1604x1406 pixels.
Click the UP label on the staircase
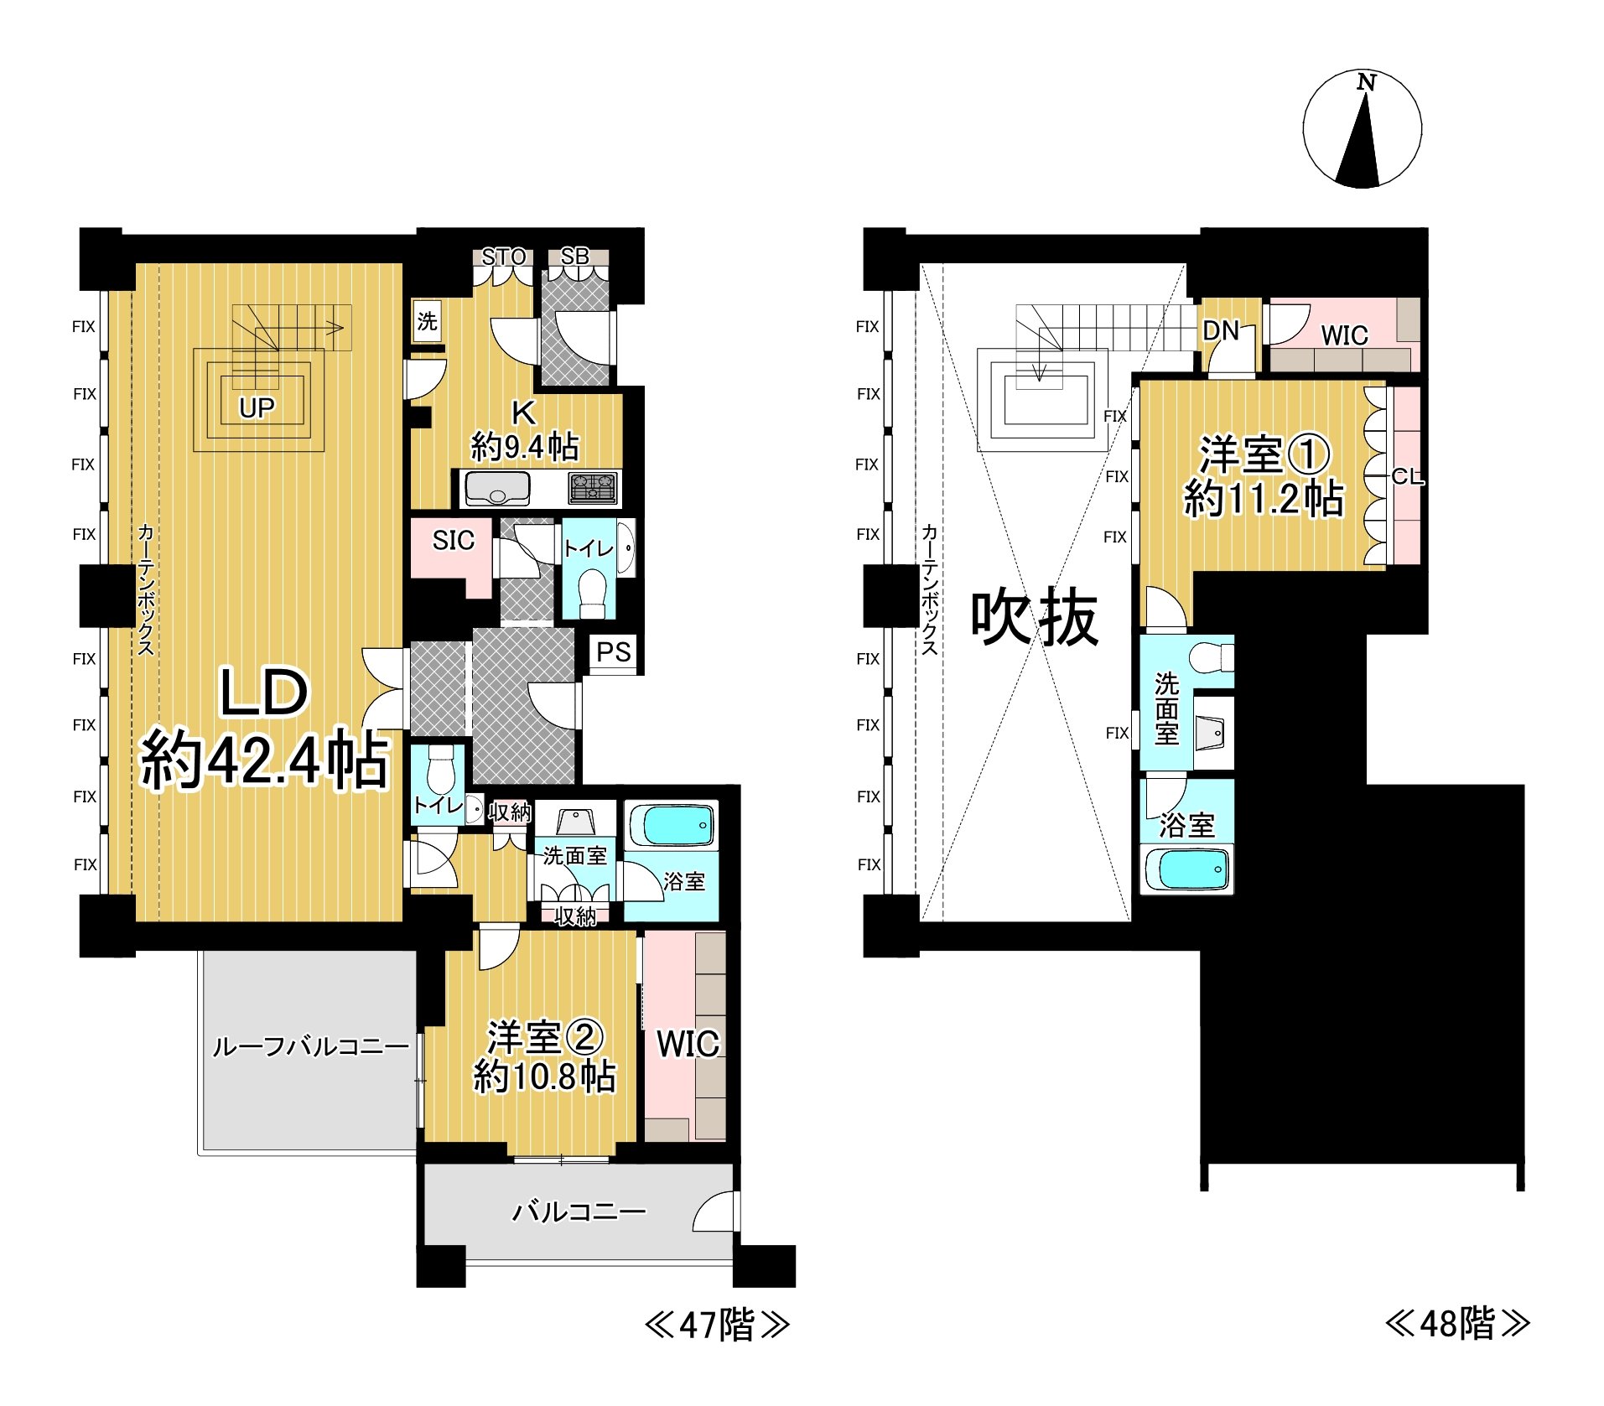click(257, 407)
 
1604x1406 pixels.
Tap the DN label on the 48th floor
click(1220, 331)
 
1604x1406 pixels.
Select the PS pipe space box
click(613, 651)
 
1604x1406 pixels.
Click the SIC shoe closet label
click(453, 541)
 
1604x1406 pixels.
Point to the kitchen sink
click(497, 488)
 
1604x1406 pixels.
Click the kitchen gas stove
click(593, 488)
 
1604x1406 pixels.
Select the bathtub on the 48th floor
click(1186, 870)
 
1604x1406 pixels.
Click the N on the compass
click(1367, 82)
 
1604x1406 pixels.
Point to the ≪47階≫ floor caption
click(716, 1326)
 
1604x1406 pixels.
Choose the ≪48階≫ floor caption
click(1457, 1324)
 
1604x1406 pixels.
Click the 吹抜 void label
click(1034, 618)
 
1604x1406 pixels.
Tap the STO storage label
click(503, 257)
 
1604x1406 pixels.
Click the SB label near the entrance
click(574, 256)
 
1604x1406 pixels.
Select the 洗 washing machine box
click(427, 321)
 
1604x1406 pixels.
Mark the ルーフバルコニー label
click(310, 1046)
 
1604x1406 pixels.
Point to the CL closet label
click(1407, 477)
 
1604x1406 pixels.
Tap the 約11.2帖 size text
click(1263, 499)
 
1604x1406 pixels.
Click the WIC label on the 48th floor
click(1344, 335)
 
